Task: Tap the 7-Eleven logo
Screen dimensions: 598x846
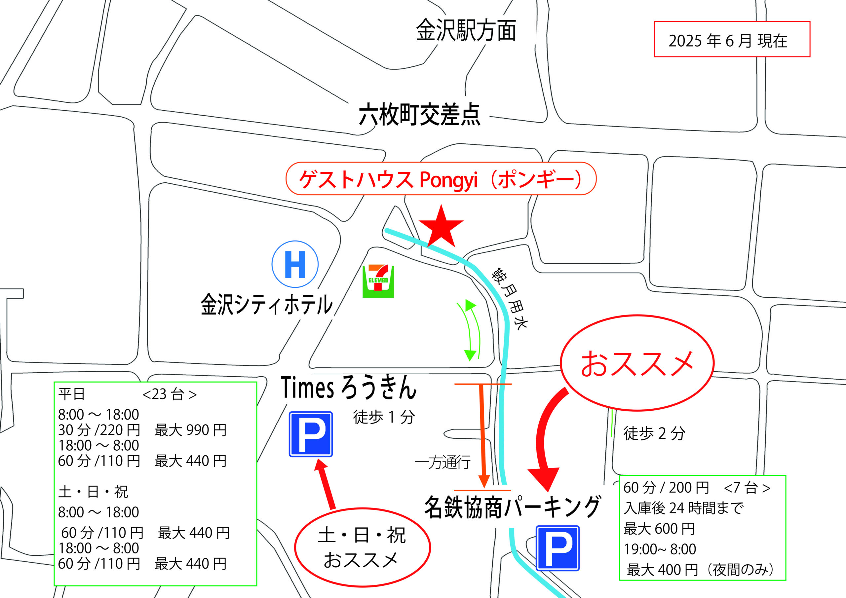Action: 378,281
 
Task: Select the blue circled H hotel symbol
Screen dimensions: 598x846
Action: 295,264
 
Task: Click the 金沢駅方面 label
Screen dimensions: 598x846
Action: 465,31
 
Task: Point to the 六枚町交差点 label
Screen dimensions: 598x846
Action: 419,115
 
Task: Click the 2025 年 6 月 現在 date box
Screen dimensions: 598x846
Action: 732,39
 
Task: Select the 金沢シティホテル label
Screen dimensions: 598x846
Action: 267,305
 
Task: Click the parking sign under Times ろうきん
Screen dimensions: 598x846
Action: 311,434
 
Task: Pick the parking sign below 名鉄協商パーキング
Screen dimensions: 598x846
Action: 557,548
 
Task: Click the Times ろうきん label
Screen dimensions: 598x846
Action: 348,388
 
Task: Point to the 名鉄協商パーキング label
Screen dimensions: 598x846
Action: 513,507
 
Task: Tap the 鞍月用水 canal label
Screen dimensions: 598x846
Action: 510,298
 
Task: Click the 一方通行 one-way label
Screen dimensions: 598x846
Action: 442,462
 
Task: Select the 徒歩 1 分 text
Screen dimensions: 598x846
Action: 384,417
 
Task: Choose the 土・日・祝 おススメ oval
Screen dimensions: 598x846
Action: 362,547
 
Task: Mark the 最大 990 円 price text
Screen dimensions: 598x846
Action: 190,430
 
